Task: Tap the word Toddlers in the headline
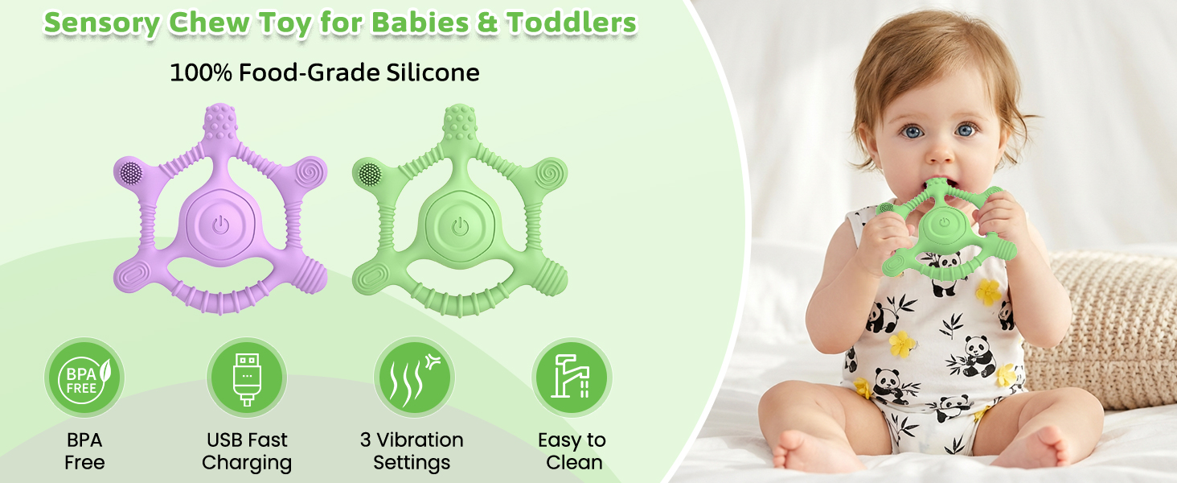tap(572, 22)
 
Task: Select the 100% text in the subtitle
tap(201, 72)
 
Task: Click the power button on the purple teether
tap(220, 225)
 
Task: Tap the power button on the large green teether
tap(461, 227)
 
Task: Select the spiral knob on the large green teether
tap(550, 173)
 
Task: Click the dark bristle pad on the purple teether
tap(131, 171)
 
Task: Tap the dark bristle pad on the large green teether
tap(371, 173)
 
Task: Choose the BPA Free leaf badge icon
tap(84, 378)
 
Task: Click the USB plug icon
tap(247, 378)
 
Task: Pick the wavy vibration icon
tap(414, 378)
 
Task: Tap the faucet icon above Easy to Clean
tap(572, 378)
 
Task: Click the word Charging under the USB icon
tap(247, 463)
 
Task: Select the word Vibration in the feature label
tap(420, 440)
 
